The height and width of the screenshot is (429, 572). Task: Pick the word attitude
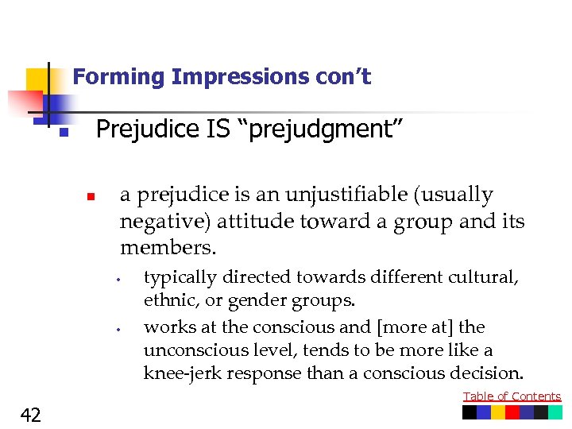pos(259,221)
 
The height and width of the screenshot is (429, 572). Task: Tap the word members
pos(167,247)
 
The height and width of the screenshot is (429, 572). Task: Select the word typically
pos(180,278)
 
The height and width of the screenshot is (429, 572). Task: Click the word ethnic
pos(167,301)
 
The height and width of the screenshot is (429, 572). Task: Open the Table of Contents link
pos(512,396)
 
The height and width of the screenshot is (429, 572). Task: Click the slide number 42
pos(32,414)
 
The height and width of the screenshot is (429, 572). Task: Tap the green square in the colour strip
pos(541,412)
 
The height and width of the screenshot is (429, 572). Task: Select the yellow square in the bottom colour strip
pos(498,412)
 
